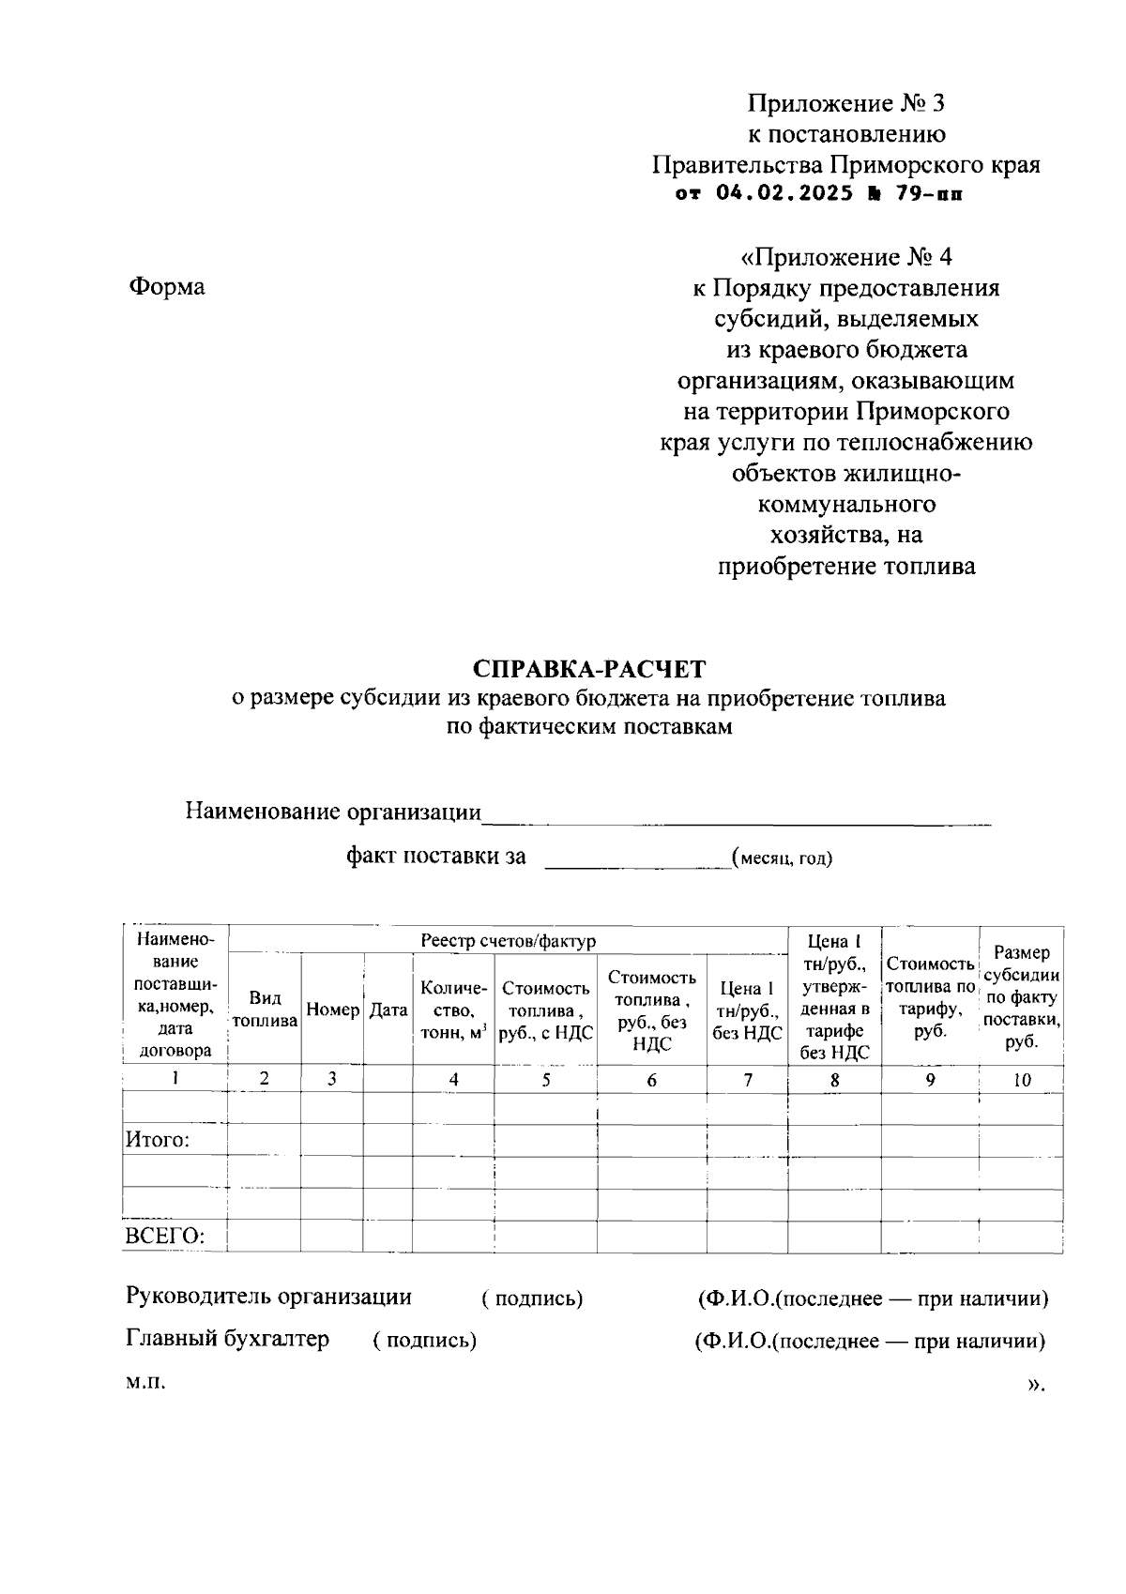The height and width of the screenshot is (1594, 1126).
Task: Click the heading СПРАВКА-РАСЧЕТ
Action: point(588,669)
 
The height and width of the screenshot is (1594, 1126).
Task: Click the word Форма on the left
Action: point(166,287)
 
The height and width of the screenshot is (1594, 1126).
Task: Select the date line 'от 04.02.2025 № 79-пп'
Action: point(818,194)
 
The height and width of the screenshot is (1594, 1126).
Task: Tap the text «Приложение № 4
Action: point(845,256)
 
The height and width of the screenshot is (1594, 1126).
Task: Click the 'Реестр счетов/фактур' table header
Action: point(508,940)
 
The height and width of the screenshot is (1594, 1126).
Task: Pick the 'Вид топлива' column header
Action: point(265,1010)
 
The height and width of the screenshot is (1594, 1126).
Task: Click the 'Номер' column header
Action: point(332,1010)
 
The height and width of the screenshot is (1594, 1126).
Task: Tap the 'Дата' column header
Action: point(388,1010)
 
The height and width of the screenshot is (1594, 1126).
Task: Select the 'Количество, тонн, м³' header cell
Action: point(453,1010)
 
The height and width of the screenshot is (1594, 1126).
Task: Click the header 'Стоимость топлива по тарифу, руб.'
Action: point(930,996)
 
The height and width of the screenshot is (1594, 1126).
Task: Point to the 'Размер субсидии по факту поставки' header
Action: point(1021,997)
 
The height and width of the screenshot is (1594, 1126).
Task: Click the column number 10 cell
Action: point(1021,1080)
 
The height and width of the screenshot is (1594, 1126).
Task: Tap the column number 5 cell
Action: point(545,1080)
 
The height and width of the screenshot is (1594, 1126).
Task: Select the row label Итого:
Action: point(158,1140)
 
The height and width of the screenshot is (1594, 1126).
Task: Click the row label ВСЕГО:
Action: point(164,1236)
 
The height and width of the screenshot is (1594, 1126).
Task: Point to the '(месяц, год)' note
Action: point(782,858)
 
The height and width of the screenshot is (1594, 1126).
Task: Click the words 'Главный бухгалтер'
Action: point(227,1339)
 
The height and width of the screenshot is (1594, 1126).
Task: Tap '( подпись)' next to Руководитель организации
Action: point(532,1298)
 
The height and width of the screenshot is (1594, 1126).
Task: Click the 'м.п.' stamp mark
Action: point(145,1383)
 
